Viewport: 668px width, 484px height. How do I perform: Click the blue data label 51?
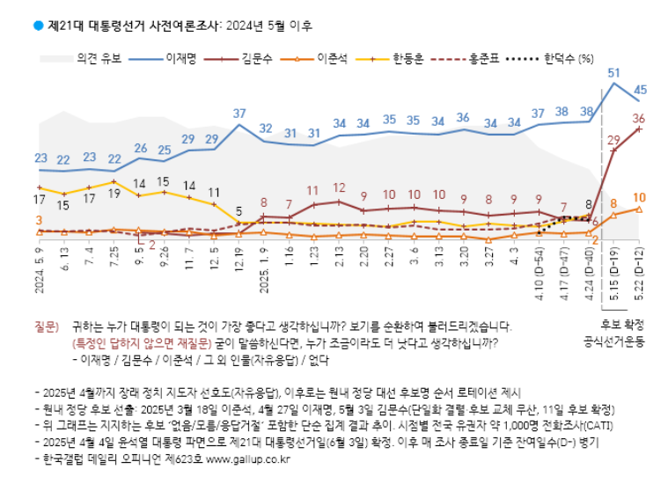(614, 72)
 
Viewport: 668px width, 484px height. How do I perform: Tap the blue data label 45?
(641, 89)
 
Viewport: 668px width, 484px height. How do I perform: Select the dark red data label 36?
(640, 118)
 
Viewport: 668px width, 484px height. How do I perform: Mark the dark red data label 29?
(613, 138)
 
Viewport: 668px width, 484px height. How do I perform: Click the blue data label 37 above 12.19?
(239, 114)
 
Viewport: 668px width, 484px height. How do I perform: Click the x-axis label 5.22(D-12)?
(640, 274)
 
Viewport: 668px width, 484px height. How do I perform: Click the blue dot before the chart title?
(38, 26)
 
